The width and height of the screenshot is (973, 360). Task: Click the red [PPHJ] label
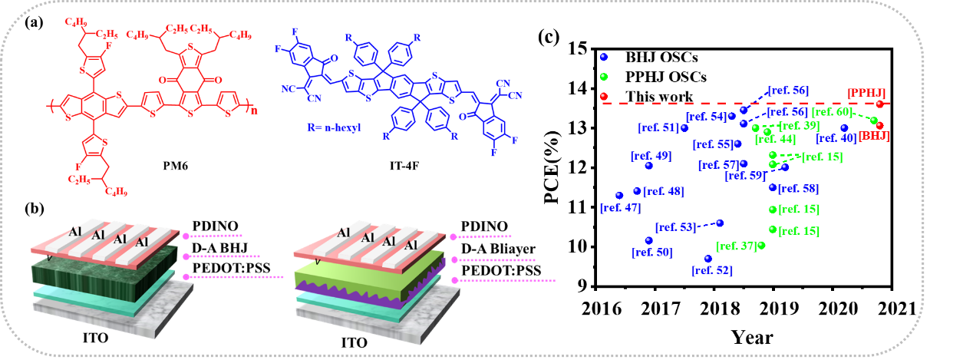tap(866, 92)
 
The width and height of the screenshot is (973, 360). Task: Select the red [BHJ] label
tap(875, 137)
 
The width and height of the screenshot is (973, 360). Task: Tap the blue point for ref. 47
tap(618, 195)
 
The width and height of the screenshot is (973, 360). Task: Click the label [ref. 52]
tap(711, 270)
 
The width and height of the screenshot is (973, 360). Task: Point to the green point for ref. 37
tap(762, 246)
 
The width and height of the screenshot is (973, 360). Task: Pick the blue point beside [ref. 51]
tap(684, 127)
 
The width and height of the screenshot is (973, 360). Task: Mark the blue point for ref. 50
tap(648, 240)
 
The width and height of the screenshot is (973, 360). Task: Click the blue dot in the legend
tap(603, 57)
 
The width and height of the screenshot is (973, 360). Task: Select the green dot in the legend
tap(603, 77)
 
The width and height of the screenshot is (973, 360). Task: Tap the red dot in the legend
tap(603, 96)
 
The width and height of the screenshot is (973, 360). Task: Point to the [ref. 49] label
tap(651, 156)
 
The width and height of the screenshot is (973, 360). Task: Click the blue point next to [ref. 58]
tap(772, 187)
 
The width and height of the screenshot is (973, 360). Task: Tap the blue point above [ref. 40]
tap(844, 128)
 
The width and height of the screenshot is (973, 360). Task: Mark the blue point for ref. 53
tap(720, 223)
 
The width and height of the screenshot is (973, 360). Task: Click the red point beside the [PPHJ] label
tap(879, 103)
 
